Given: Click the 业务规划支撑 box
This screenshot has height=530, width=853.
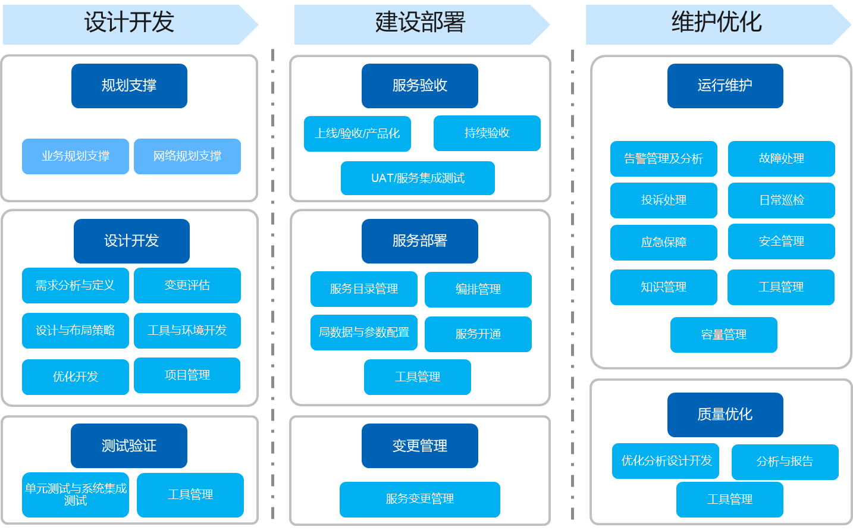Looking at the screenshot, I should tap(76, 156).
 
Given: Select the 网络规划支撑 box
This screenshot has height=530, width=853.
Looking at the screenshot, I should tap(187, 156).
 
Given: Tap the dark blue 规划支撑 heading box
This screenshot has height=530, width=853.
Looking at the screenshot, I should tap(129, 86).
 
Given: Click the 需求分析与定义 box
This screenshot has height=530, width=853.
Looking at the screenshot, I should tap(76, 286).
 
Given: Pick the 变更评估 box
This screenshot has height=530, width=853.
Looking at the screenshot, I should tap(187, 286).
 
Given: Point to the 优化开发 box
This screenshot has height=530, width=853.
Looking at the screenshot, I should tap(76, 377).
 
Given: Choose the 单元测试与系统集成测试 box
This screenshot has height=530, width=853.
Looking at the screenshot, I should tap(76, 494).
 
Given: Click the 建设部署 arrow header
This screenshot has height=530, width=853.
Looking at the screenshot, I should tap(420, 24).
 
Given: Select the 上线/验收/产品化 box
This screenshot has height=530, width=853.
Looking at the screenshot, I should tap(357, 134).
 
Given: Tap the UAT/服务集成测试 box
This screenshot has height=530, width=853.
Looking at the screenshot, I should tap(418, 178).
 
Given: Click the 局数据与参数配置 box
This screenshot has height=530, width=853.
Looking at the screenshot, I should tap(364, 333).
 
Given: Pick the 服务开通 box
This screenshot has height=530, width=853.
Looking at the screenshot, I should tap(478, 334).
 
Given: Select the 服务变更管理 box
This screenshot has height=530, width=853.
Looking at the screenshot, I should tap(420, 499).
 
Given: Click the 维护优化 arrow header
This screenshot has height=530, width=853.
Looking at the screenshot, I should tap(716, 24).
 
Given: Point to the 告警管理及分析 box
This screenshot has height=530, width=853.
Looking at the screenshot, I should tap(664, 159).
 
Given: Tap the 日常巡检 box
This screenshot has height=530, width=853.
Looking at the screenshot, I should tap(782, 200).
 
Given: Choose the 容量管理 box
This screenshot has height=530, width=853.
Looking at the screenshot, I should tap(724, 335).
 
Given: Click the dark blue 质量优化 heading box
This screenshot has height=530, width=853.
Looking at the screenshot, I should tap(725, 415).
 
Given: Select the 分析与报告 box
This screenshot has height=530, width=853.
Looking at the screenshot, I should tap(785, 462).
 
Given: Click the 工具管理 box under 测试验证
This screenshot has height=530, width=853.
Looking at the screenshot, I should tap(190, 495).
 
